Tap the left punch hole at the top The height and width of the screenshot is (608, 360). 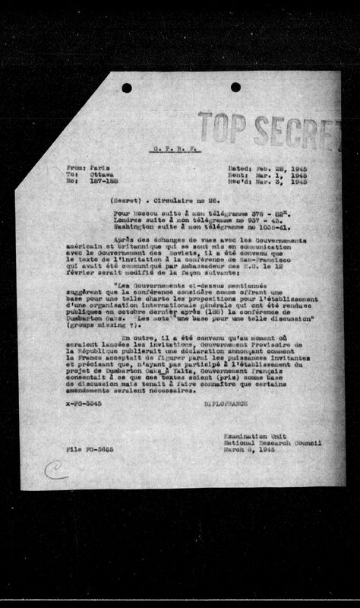127,87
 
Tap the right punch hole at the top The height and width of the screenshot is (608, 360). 235,87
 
